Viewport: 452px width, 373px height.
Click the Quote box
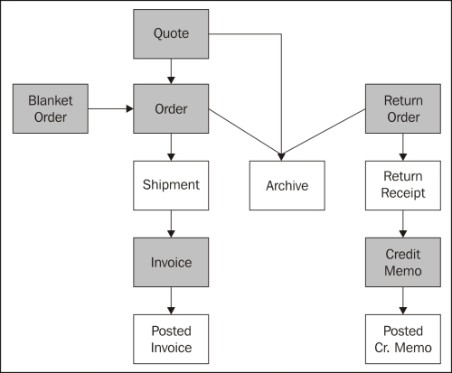(171, 33)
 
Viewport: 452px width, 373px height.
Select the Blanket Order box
(51, 108)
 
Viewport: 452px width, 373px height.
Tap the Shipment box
(171, 185)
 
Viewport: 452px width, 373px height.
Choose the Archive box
(287, 185)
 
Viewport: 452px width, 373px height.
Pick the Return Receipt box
(403, 185)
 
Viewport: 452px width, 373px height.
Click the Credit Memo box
(403, 262)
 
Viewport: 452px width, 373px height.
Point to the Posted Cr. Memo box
(403, 340)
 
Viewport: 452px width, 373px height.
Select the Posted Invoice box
(171, 340)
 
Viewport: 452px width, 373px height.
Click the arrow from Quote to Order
(171, 71)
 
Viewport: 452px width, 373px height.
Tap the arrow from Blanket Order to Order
(111, 108)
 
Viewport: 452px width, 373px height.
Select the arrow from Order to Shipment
(171, 147)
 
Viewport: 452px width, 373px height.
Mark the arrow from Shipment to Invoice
(171, 224)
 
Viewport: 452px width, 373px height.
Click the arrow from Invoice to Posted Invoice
(171, 301)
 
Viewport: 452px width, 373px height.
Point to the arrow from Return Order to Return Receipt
(403, 147)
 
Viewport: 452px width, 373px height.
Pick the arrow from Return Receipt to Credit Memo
(403, 224)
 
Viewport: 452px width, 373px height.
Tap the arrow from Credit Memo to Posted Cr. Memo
(403, 301)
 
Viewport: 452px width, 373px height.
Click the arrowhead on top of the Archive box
(281, 157)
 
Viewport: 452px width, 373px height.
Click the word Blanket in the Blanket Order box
(51, 100)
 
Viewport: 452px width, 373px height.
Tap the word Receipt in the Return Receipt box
(403, 193)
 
